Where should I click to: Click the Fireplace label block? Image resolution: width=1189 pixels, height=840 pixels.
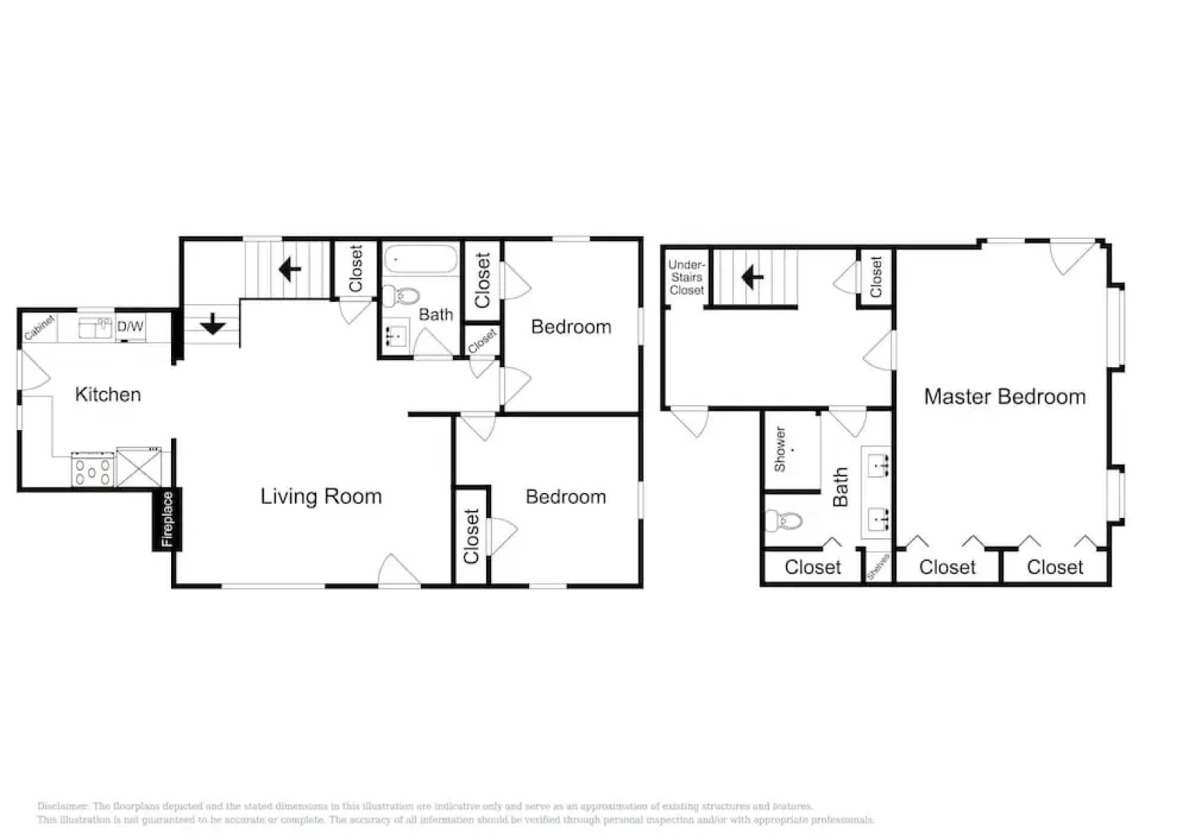click(167, 520)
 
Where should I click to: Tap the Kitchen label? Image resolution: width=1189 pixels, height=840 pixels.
click(107, 394)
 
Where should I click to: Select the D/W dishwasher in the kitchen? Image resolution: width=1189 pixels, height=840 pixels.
click(130, 327)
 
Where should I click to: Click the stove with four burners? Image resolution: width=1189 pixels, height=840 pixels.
click(93, 470)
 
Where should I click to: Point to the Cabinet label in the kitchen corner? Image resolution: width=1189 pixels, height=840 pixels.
click(39, 327)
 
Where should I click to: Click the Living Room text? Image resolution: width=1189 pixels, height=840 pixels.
click(321, 496)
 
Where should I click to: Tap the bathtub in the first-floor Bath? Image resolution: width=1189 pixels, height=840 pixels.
click(420, 260)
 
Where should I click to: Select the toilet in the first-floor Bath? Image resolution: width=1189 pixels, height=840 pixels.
click(402, 296)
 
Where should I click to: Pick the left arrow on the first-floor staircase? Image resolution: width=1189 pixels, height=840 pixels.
click(289, 270)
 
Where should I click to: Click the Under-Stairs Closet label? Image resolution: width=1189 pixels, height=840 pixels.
click(686, 278)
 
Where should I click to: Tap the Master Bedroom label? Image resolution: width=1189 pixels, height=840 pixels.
click(1004, 397)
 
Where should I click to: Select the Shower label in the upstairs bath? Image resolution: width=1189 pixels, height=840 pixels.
click(780, 450)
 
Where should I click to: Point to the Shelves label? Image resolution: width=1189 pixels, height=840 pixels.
click(878, 567)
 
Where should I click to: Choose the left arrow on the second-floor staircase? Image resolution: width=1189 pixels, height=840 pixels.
click(752, 277)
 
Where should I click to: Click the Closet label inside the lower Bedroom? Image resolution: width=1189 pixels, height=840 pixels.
click(471, 536)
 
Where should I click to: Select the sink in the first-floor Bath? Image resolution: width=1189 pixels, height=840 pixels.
click(397, 335)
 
